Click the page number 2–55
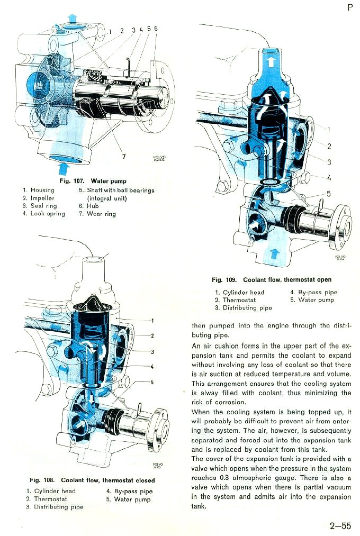340,526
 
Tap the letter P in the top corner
350,7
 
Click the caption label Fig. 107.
74,181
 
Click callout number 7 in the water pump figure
123,156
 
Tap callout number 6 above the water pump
156,28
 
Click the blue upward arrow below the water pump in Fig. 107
64,168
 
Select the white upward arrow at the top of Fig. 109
271,61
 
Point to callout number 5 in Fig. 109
328,194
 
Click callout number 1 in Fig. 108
152,320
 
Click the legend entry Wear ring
101,214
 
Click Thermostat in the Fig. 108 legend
50,499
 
